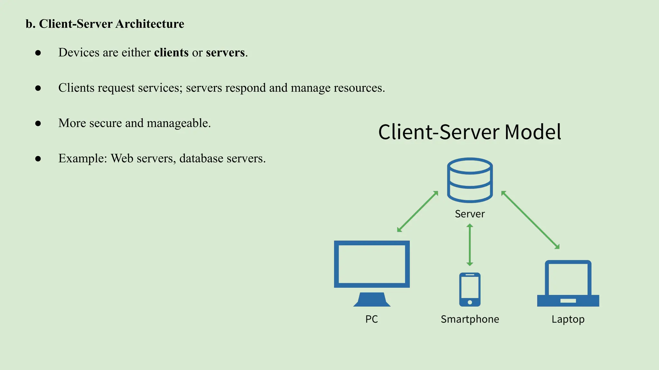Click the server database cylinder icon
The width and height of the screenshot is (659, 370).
pos(470,180)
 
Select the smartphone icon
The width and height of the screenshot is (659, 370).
pos(470,289)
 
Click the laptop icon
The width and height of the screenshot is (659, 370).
pos(568,283)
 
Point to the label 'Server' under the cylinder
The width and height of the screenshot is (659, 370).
pos(470,214)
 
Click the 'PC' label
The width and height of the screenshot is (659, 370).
pos(372,319)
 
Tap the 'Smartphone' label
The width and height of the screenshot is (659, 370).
pos(470,319)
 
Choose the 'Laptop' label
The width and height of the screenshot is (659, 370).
pos(568,319)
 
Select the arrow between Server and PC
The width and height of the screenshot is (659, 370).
pos(418,211)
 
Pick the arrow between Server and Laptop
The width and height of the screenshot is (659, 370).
pos(530,220)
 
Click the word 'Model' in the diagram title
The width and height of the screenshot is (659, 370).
pos(533,132)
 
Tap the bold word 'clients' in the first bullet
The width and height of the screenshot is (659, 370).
pos(171,52)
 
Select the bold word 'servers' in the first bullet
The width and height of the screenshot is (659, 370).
pos(225,52)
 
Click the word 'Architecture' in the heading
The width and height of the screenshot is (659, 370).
pos(150,24)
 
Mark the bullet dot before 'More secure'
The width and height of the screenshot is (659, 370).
pos(38,123)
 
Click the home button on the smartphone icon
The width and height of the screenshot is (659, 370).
pos(470,302)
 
